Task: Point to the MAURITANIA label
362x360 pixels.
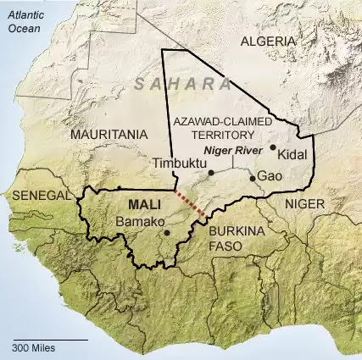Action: (x=110, y=134)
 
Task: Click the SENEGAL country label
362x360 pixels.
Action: (x=42, y=196)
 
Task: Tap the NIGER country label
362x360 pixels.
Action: (x=304, y=204)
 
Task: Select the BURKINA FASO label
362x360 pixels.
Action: (x=233, y=237)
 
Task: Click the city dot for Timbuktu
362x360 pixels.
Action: (x=211, y=173)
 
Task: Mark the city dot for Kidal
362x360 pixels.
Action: (x=273, y=147)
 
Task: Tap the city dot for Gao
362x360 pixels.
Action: (x=253, y=178)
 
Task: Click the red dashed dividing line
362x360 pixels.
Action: (x=190, y=204)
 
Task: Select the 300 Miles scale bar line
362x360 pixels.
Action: (x=49, y=339)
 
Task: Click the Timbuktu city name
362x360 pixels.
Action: (x=176, y=163)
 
